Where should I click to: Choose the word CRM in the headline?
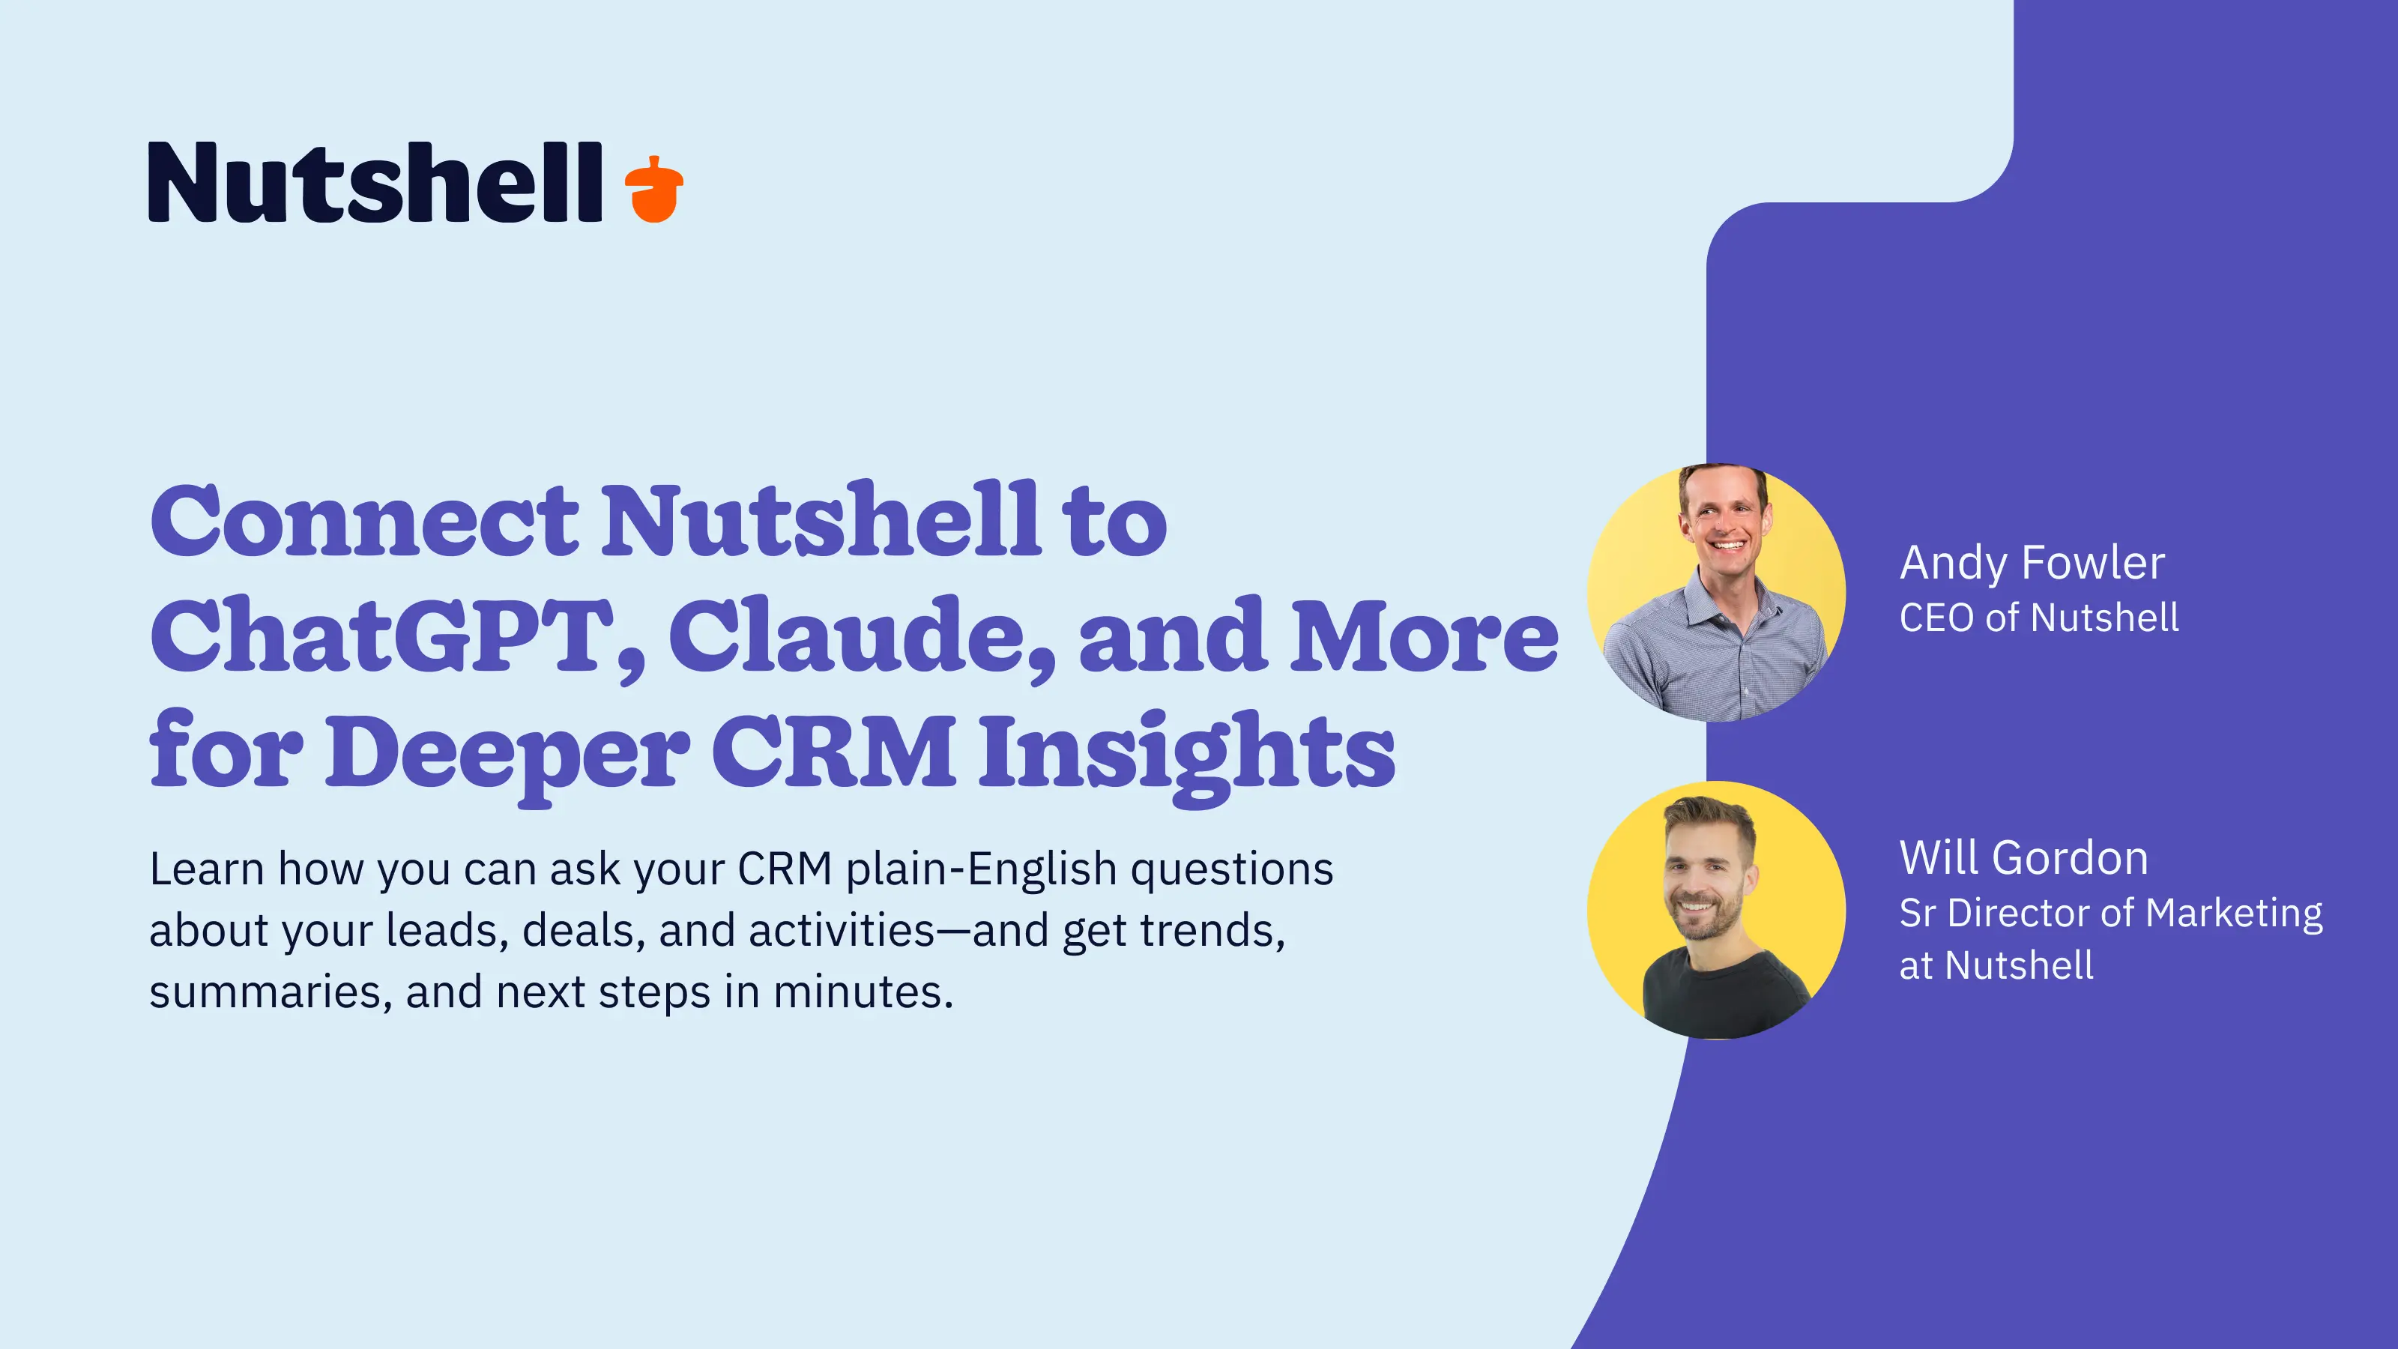pyautogui.click(x=833, y=750)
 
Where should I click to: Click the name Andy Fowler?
pyautogui.click(x=2032, y=564)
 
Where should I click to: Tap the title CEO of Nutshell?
pyautogui.click(x=2038, y=618)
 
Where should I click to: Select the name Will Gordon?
pyautogui.click(x=2023, y=857)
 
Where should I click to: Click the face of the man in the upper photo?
pyautogui.click(x=1723, y=523)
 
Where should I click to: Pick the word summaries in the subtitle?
pyautogui.click(x=265, y=992)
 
